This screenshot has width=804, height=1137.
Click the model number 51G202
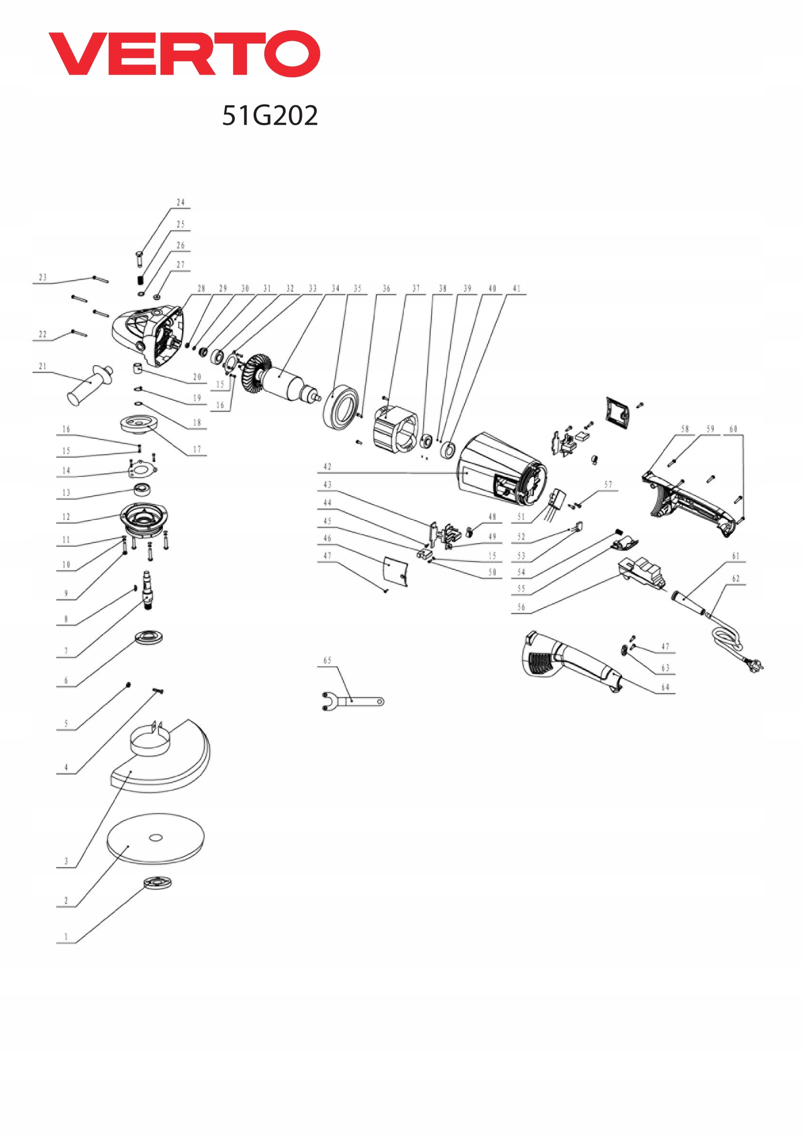click(x=270, y=115)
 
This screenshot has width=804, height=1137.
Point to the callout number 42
click(x=327, y=466)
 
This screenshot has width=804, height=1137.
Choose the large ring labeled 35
click(x=340, y=406)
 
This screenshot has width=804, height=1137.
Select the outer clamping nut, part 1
click(x=158, y=882)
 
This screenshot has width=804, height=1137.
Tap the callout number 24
click(x=181, y=203)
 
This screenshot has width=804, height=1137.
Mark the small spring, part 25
click(x=141, y=280)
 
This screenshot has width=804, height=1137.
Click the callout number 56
click(x=521, y=607)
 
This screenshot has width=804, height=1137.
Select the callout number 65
click(x=327, y=660)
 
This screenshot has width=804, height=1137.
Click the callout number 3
click(x=66, y=861)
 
